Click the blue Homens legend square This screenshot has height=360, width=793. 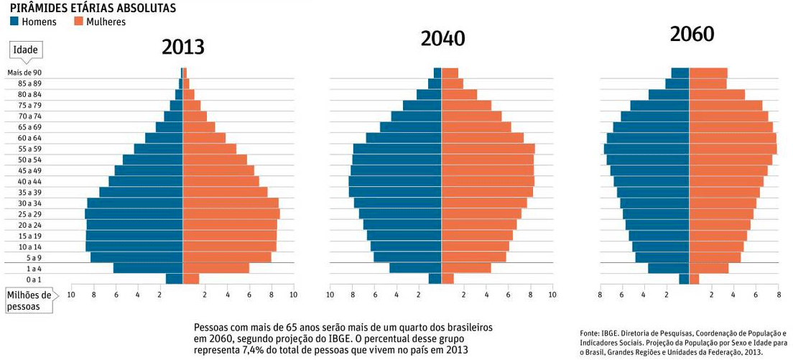15,22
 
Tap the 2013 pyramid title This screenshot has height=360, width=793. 182,47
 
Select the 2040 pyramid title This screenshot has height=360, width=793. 442,39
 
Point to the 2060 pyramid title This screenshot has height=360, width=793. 692,34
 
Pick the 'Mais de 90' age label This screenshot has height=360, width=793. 24,73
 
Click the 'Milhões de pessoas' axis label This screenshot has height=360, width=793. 29,301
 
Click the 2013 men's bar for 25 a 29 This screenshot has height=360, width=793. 134,214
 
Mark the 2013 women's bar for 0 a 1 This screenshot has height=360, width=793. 191,279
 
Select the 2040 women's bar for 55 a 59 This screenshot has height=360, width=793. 488,149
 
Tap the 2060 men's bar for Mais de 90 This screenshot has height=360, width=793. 680,73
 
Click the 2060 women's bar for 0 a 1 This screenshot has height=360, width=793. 694,279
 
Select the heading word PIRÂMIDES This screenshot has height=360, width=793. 41,8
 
